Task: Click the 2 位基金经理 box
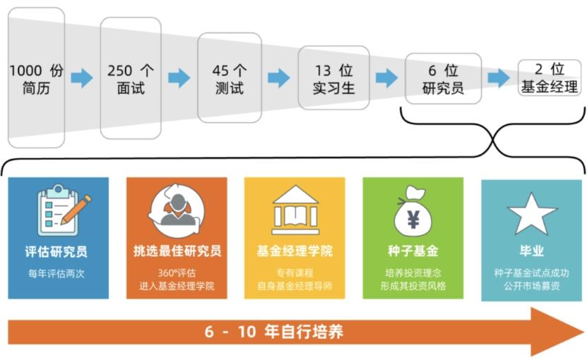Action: point(550,78)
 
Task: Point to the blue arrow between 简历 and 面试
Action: point(82,78)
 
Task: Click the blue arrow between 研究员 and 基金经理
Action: point(499,78)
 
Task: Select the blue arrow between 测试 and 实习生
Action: point(279,78)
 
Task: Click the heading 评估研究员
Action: point(56,251)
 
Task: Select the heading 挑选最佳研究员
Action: point(177,251)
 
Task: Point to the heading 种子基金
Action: point(413,251)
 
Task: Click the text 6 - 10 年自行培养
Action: point(274,331)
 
